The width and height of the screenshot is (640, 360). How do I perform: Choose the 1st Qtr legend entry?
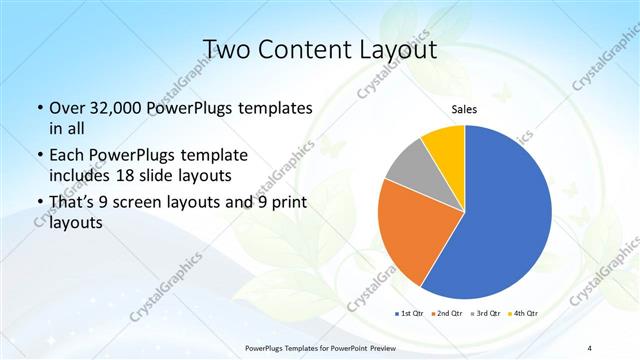tap(411, 314)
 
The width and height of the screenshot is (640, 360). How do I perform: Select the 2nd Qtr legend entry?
tap(446, 314)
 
